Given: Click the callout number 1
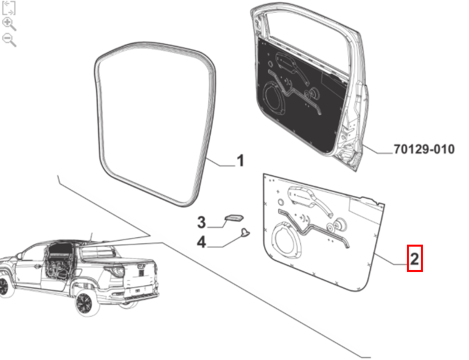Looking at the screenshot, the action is pos(240,161).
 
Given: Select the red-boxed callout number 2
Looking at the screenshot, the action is pos(414,259).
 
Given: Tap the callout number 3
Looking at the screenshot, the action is pos(201,222).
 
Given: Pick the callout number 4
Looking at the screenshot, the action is pos(201,241).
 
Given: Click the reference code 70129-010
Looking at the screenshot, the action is pos(424,149).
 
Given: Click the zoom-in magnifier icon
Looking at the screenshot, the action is pos(9,24).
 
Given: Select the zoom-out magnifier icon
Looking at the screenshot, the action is pos(9,40).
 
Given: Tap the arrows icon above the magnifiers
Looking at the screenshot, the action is pos(9,8).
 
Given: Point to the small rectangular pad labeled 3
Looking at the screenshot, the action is pos(234,217).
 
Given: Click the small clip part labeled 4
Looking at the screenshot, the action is pos(246,232).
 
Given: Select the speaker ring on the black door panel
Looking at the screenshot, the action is pos(265,99).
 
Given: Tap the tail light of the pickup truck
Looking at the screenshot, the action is pos(117,271).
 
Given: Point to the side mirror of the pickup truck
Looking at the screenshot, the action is pos(19,256).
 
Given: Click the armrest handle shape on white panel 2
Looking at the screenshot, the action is pos(310,199).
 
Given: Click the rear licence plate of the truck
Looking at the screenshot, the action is pos(138,291).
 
